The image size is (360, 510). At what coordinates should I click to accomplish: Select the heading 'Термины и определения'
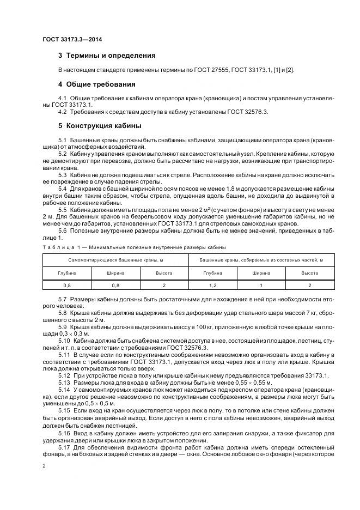click(111, 56)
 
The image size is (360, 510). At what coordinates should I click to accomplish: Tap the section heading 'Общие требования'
click(101, 84)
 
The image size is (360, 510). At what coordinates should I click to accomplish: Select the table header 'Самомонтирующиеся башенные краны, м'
click(115, 260)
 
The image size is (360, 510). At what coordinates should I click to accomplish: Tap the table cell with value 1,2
click(212, 285)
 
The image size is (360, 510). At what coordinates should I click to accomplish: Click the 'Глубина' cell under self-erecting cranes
click(66, 272)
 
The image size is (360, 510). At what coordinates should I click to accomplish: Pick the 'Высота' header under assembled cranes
click(309, 272)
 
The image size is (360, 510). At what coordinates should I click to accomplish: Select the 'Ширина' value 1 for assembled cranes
click(261, 285)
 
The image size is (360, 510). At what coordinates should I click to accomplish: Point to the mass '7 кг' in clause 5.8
click(310, 313)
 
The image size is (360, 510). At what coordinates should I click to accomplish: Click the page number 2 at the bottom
click(44, 466)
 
